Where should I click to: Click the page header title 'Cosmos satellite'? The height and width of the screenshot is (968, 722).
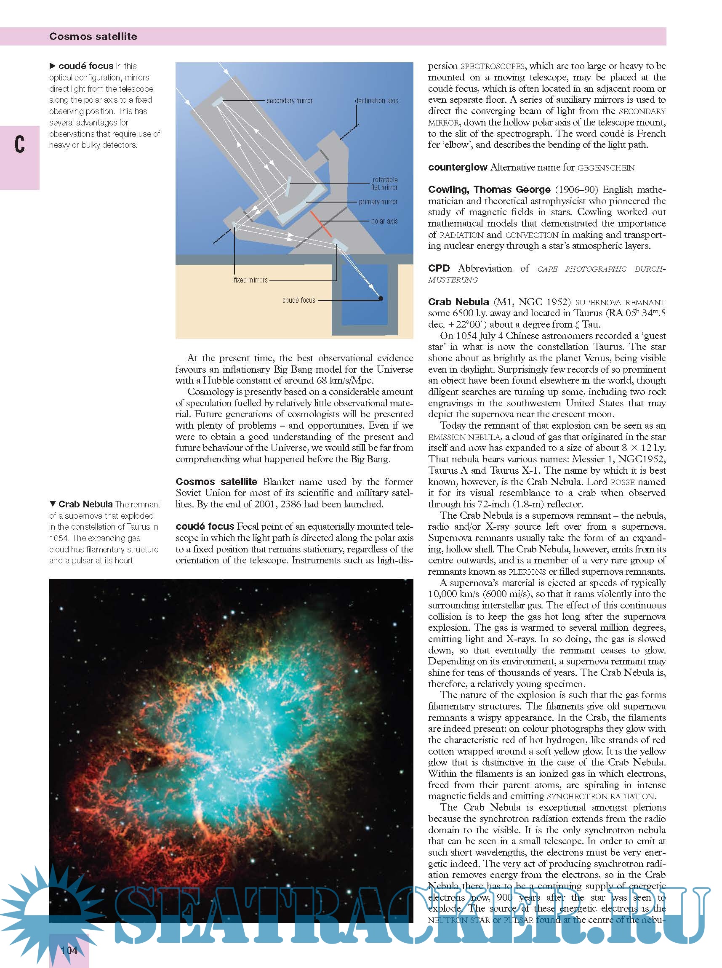pos(93,36)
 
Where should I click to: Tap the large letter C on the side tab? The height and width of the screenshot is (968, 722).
pos(20,144)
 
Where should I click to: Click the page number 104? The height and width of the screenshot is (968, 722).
pos(69,950)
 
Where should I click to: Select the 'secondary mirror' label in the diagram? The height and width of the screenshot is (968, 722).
pos(289,101)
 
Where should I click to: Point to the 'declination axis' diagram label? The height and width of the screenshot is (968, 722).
pos(376,101)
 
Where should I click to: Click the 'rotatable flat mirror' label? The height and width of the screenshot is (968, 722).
pos(385,184)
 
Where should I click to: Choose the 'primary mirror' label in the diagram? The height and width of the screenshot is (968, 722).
pos(378,202)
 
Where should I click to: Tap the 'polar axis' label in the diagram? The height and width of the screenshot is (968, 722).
pos(384,221)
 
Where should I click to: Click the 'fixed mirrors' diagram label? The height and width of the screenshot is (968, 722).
pos(250,280)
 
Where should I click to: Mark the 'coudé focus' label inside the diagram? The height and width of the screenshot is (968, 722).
pos(298,300)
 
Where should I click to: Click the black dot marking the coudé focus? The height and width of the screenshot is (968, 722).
pos(381,299)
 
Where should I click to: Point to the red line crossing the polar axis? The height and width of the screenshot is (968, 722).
pos(321,224)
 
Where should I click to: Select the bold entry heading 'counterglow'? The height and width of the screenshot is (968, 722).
pos(457,168)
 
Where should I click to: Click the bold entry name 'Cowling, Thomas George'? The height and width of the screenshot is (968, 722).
pos(489,189)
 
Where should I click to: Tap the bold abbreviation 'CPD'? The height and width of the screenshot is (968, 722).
pos(439,268)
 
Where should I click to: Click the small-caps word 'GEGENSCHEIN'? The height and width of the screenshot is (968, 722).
pos(606,168)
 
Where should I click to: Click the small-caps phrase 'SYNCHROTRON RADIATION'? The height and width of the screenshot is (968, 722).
pos(600,796)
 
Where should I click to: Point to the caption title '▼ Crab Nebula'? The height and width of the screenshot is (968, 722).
pos(81,504)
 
